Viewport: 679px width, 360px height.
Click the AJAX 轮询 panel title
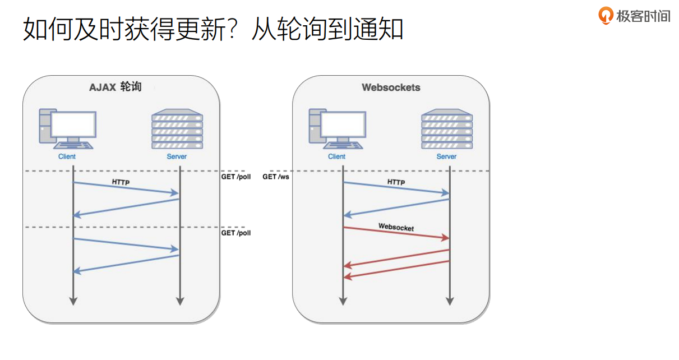coord(116,87)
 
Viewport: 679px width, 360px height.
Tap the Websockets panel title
coord(391,87)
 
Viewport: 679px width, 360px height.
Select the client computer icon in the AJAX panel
coord(67,130)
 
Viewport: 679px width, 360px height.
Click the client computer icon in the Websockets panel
coord(336,130)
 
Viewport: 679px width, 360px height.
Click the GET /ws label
coord(276,177)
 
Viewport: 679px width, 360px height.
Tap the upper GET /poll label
coord(235,177)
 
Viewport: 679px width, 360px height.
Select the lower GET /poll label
coord(235,233)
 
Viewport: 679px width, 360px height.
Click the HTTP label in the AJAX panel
coord(121,182)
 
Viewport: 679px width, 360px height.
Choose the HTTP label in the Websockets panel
coord(396,182)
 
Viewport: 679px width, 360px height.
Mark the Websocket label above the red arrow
coord(396,227)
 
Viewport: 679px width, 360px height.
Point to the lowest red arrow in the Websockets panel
coord(396,269)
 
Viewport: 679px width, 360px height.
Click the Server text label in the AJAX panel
coord(177,156)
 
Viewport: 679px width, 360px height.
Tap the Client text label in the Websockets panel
coord(336,156)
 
